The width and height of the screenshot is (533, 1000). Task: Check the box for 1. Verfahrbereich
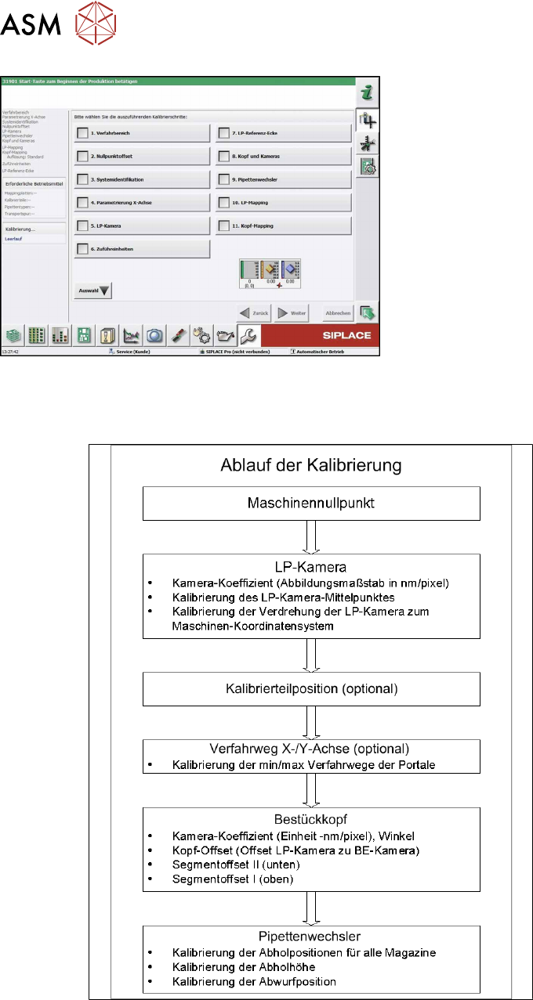coord(82,133)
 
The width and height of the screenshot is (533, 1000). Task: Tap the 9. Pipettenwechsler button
coord(282,179)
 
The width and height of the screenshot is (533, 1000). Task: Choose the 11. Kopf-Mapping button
coord(282,226)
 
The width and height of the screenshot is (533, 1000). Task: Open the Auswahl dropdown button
coord(93,290)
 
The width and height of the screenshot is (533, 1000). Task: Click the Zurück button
coord(254,312)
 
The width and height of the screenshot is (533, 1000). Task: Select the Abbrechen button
coord(337,312)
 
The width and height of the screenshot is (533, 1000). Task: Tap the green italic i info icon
coord(366,92)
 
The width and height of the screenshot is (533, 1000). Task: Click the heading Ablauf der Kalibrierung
coord(311,465)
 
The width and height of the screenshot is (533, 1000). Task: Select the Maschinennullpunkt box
coord(311,504)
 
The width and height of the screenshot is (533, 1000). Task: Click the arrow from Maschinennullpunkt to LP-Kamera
coord(311,537)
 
